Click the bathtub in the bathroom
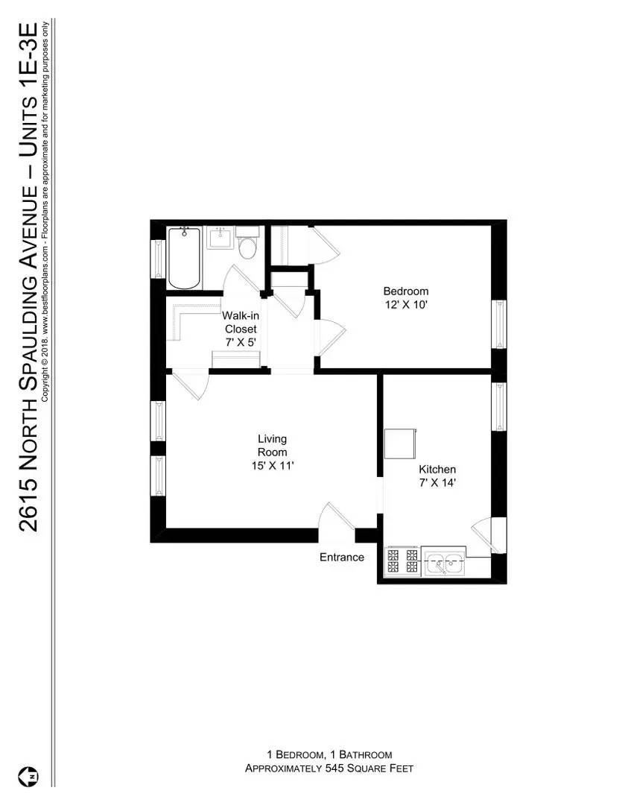click(x=184, y=259)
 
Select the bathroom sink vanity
click(x=220, y=239)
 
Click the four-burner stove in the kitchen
click(x=402, y=561)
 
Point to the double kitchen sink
click(x=444, y=562)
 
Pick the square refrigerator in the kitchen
click(x=400, y=446)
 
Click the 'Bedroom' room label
click(x=406, y=291)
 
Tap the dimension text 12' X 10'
click(x=406, y=305)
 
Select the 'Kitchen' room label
click(x=437, y=470)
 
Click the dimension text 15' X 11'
click(x=272, y=466)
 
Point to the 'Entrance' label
click(x=342, y=557)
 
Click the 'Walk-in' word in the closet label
click(x=240, y=315)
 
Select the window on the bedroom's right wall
click(x=498, y=324)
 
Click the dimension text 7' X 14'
click(x=437, y=482)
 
